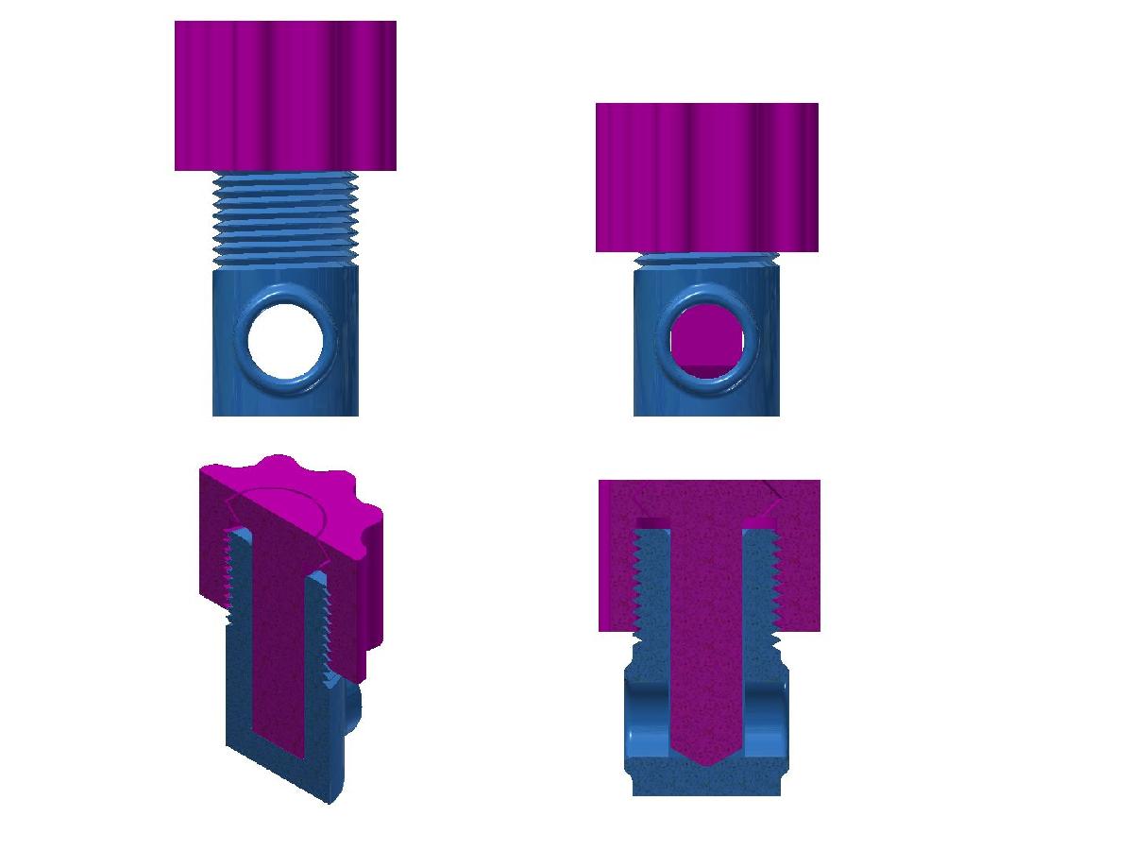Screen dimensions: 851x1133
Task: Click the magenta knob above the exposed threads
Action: point(285,94)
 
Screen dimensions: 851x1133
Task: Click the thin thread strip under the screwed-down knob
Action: point(706,258)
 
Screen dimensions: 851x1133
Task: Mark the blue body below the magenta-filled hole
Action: point(706,401)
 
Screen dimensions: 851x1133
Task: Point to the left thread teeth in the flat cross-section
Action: point(637,586)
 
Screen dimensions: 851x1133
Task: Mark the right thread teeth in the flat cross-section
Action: point(776,586)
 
